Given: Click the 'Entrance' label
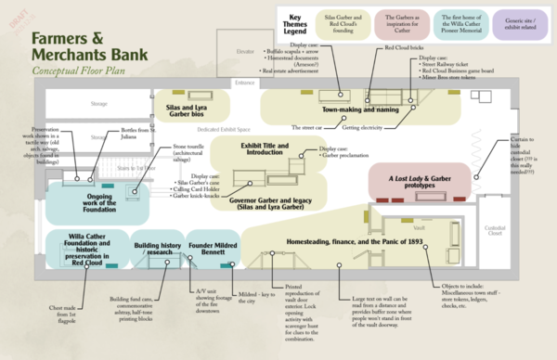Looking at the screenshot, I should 245,83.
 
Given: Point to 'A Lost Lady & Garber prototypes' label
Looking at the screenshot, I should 415,178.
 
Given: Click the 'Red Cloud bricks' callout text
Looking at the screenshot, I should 404,45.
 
